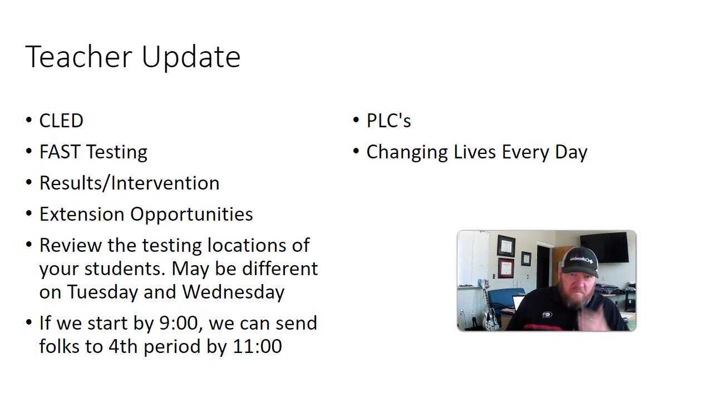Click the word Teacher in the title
coord(78,57)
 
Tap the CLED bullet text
coord(61,121)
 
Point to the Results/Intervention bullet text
coord(129,183)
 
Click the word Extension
coord(82,214)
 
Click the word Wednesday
coord(233,292)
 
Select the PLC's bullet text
coord(388,121)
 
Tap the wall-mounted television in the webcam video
coord(604,247)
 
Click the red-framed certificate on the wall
coord(506,268)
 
